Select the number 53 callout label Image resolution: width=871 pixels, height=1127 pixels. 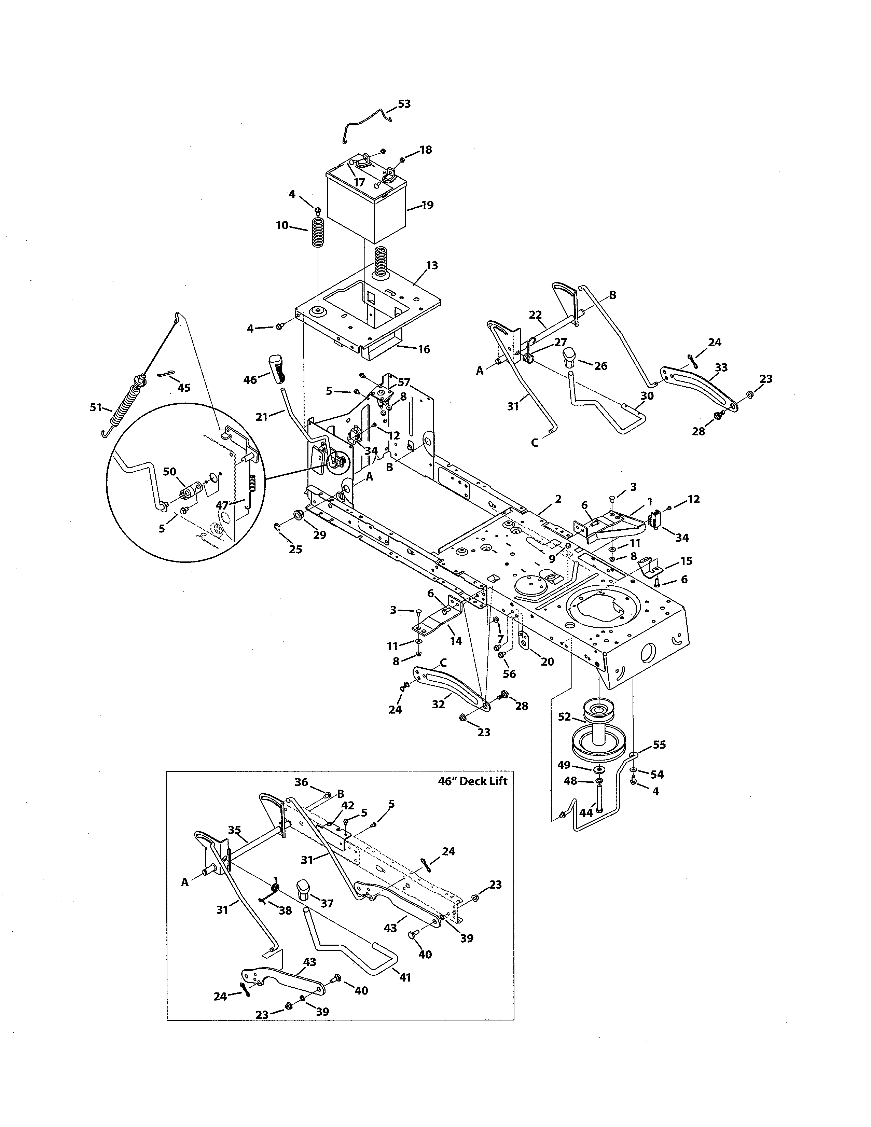404,104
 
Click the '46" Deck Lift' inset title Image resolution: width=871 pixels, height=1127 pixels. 472,781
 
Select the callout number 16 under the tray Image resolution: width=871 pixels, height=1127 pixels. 424,349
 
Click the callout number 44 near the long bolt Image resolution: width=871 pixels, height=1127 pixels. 586,813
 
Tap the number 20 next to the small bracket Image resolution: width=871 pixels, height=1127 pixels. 548,662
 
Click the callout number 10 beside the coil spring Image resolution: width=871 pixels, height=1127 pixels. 282,225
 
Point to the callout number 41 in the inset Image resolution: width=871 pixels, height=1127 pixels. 405,977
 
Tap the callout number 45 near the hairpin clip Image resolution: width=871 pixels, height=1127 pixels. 184,388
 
